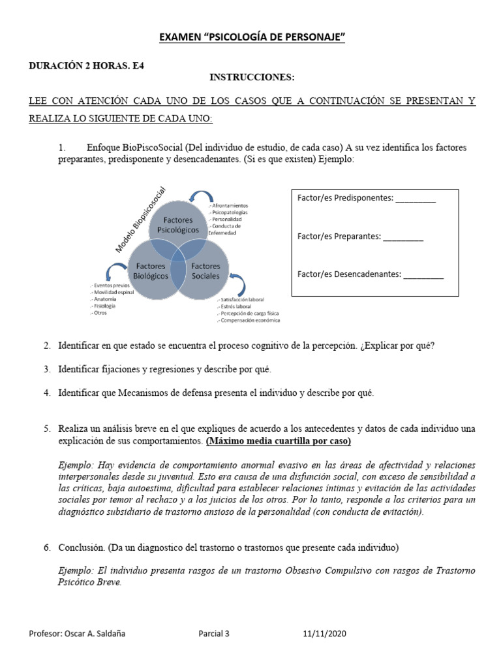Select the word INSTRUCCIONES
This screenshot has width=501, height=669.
[x=252, y=78]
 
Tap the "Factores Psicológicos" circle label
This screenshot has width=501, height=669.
[x=178, y=225]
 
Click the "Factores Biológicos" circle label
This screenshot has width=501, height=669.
[x=151, y=271]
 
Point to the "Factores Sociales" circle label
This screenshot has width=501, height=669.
[x=205, y=271]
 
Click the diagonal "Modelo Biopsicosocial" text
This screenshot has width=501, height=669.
[x=141, y=220]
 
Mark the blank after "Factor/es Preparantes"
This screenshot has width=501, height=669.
[x=403, y=237]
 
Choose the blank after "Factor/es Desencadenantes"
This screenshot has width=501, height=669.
[x=423, y=275]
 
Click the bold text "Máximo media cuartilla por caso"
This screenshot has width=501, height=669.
[x=279, y=441]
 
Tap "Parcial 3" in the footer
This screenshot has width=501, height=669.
[x=214, y=634]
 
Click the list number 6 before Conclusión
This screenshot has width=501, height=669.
[x=47, y=547]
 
